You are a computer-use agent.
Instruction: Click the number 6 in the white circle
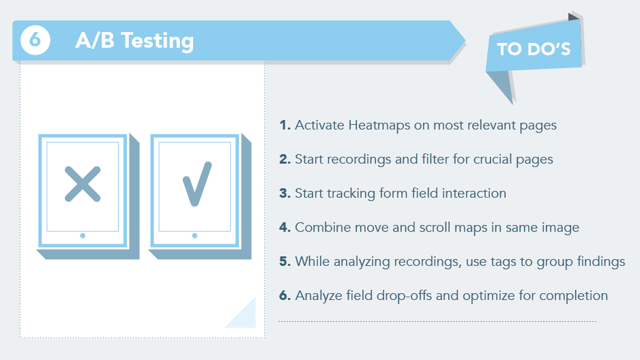35,40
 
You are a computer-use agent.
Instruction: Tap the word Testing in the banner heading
158,42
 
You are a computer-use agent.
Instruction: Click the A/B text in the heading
95,40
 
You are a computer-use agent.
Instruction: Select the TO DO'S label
534,49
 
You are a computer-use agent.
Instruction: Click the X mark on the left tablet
83,184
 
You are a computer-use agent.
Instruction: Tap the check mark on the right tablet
197,184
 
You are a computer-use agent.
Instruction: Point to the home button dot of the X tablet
83,236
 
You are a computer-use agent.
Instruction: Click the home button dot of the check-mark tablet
194,236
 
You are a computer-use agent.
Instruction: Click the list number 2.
285,159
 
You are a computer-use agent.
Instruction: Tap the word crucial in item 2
493,159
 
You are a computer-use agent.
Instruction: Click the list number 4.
285,227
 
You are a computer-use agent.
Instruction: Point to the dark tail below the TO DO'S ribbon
501,85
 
